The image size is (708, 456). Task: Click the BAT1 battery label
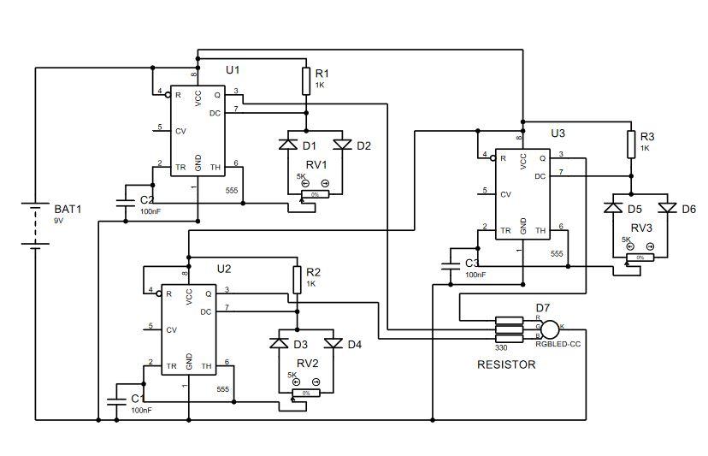pyautogui.click(x=68, y=208)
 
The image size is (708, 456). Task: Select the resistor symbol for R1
pyautogui.click(x=305, y=81)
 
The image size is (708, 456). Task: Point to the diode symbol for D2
pyautogui.click(x=343, y=145)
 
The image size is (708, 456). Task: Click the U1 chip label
pyautogui.click(x=233, y=68)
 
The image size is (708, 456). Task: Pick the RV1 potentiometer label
pyautogui.click(x=317, y=164)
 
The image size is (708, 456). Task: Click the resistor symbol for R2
pyautogui.click(x=297, y=278)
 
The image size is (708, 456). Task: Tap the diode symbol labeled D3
pyautogui.click(x=279, y=344)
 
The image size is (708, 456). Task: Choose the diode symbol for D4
pyautogui.click(x=333, y=344)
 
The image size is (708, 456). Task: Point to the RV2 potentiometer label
pyautogui.click(x=308, y=363)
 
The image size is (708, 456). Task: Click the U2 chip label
pyautogui.click(x=224, y=268)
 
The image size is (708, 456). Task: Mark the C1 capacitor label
pyautogui.click(x=137, y=399)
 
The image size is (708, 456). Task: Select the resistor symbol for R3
pyautogui.click(x=631, y=143)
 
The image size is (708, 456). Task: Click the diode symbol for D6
pyautogui.click(x=667, y=208)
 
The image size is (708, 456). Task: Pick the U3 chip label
pyautogui.click(x=558, y=133)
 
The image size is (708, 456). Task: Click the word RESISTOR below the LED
pyautogui.click(x=506, y=364)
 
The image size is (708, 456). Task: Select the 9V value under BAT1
pyautogui.click(x=59, y=221)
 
